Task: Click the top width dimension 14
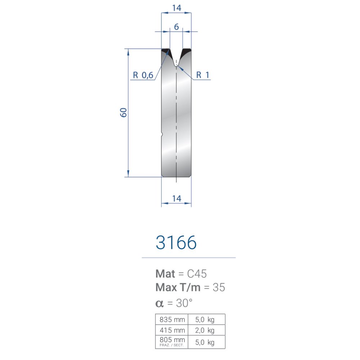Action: click(x=176, y=8)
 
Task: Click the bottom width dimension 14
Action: click(x=176, y=199)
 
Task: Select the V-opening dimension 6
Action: click(x=176, y=27)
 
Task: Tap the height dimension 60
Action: click(x=123, y=112)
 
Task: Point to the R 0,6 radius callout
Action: click(x=143, y=75)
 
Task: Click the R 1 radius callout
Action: click(x=203, y=75)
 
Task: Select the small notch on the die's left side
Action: click(x=162, y=134)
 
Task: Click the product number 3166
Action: click(x=176, y=242)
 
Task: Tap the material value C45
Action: click(x=197, y=274)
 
